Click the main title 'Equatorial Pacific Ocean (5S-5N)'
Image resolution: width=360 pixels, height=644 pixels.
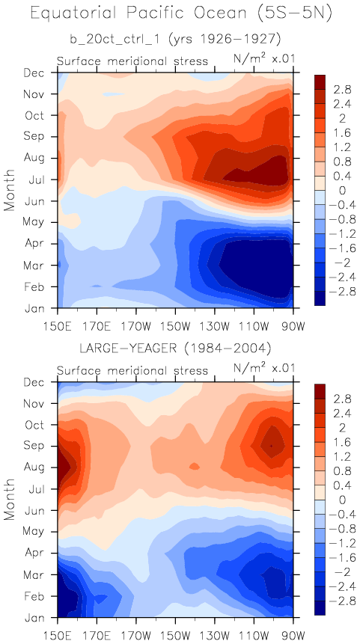point(181,15)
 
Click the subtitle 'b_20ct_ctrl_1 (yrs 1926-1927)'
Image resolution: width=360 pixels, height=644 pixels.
point(175,40)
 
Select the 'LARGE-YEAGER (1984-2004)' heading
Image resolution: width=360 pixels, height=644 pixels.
point(175,349)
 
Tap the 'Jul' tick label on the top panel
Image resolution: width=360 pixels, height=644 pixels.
point(37,179)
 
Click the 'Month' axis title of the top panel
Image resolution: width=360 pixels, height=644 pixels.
point(10,190)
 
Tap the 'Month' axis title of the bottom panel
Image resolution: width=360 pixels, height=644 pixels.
point(10,499)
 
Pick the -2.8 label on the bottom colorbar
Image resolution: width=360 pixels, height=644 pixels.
point(338,601)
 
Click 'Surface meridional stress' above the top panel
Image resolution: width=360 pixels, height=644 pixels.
point(132,61)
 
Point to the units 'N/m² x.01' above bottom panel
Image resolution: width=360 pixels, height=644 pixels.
point(264,368)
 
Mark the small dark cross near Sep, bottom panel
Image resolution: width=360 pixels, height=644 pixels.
point(271,446)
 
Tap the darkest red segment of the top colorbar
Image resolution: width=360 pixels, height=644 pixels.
point(320,82)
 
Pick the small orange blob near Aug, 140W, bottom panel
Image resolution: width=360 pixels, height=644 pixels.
point(195,466)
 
